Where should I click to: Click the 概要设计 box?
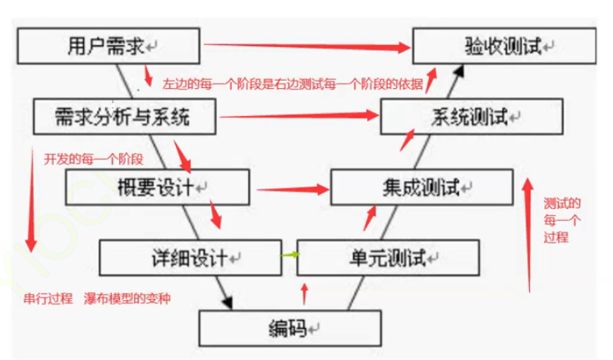point(156,187)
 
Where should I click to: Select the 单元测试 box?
point(386,258)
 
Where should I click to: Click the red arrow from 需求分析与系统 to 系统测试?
point(301,118)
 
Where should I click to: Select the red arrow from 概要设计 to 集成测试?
point(292,189)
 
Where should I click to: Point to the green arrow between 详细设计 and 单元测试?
point(287,256)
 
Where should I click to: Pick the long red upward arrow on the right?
point(527,230)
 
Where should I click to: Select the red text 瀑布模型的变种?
point(128,298)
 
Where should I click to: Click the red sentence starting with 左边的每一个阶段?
point(292,84)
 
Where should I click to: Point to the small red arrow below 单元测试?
point(305,293)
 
